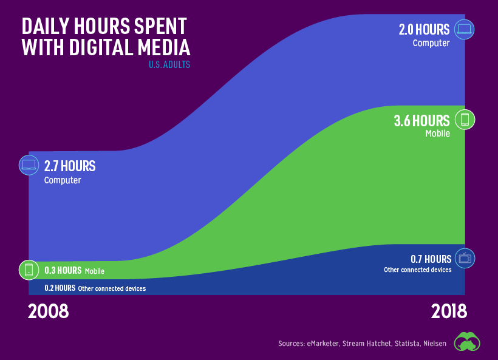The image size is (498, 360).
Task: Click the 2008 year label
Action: point(49,311)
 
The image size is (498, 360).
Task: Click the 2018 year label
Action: point(449,311)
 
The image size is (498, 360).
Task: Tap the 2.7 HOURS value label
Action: point(70,166)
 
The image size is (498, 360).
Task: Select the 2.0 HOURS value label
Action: point(424,29)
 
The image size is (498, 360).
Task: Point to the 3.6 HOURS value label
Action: point(421,120)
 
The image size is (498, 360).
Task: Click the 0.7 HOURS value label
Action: point(431,259)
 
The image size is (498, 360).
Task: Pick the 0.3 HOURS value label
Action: point(63,271)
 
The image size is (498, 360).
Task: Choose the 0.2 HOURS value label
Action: point(60,288)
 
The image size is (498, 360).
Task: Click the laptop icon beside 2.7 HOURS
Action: point(29,165)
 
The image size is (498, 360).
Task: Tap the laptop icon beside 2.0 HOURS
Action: point(465,29)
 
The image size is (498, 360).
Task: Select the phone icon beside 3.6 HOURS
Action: point(465,120)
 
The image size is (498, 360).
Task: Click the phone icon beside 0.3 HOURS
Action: point(29,270)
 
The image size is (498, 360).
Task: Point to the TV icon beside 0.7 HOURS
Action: point(465,258)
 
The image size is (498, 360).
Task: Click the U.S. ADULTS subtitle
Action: point(169,64)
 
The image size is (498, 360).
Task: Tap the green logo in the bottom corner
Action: point(468,341)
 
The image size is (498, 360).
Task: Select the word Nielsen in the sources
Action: point(434,344)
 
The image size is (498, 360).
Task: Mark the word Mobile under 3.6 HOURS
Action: point(437,134)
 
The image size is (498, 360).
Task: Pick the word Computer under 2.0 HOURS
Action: point(431,43)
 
